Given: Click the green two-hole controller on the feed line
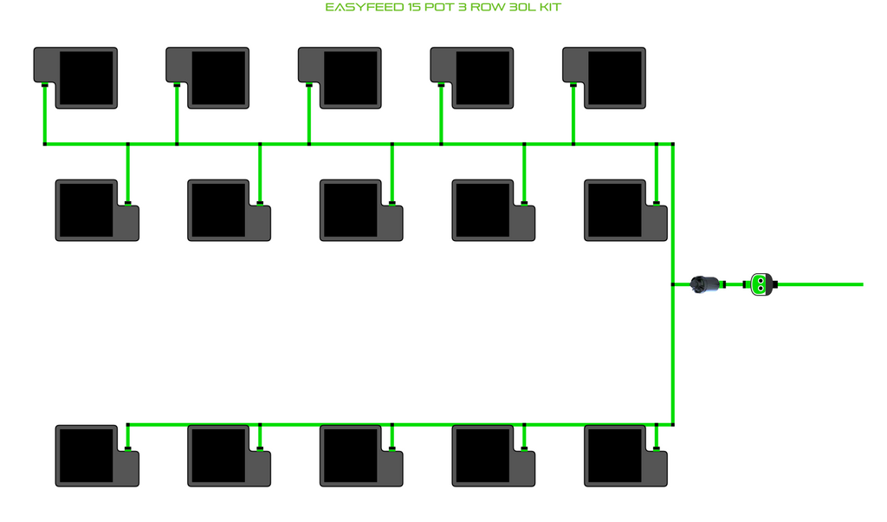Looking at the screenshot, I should coord(761,284).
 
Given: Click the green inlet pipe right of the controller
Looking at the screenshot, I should coord(823,284).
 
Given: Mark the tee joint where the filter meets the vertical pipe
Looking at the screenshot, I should coord(674,284).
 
